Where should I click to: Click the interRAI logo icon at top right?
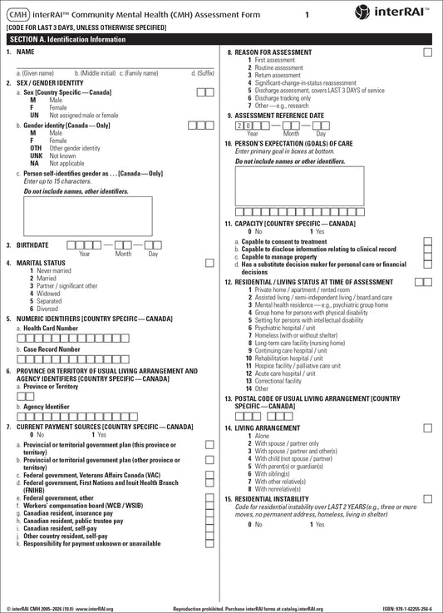tap(363, 12)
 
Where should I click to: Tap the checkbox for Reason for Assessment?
tap(427, 52)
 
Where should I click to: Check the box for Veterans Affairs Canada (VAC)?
tap(209, 475)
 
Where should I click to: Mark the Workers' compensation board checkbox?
tap(209, 505)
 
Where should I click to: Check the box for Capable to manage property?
tap(427, 256)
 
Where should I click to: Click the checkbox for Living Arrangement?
tap(427, 428)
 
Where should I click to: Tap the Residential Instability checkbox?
tap(427, 498)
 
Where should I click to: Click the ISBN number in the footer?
tap(408, 609)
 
